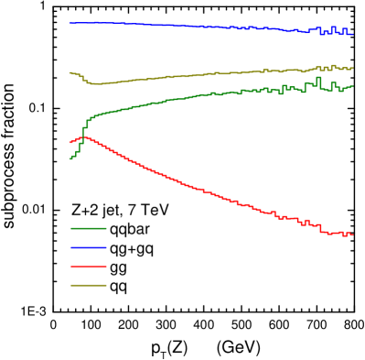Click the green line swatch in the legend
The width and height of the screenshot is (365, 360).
click(89, 228)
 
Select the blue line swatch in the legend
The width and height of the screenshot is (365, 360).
click(89, 247)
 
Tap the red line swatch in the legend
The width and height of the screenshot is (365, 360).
click(89, 267)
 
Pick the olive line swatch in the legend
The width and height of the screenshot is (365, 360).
click(89, 285)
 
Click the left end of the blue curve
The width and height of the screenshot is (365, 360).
click(70, 23)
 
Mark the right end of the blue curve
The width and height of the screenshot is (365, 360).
click(352, 34)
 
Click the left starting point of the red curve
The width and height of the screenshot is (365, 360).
click(70, 142)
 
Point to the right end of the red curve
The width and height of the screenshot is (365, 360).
click(352, 235)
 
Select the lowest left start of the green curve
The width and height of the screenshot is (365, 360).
click(70, 159)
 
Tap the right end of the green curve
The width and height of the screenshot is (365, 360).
click(352, 86)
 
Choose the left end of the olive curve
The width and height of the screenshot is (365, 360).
click(70, 72)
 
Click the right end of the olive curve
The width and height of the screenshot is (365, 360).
click(352, 68)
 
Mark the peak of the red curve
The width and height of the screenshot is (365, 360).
click(85, 137)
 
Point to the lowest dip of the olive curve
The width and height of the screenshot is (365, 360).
click(97, 83)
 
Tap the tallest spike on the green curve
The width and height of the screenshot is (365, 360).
click(318, 79)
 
